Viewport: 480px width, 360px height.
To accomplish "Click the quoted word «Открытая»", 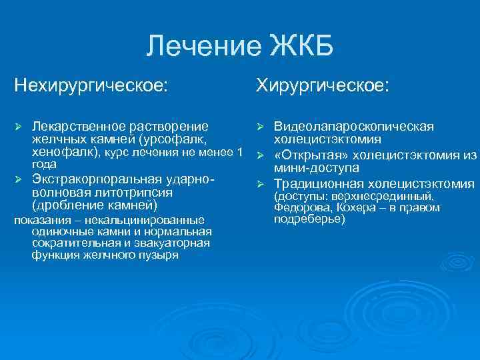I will tap(309, 155).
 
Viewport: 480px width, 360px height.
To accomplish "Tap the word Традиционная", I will tap(318, 183).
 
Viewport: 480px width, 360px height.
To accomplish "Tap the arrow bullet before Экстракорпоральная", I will tap(19, 180).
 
